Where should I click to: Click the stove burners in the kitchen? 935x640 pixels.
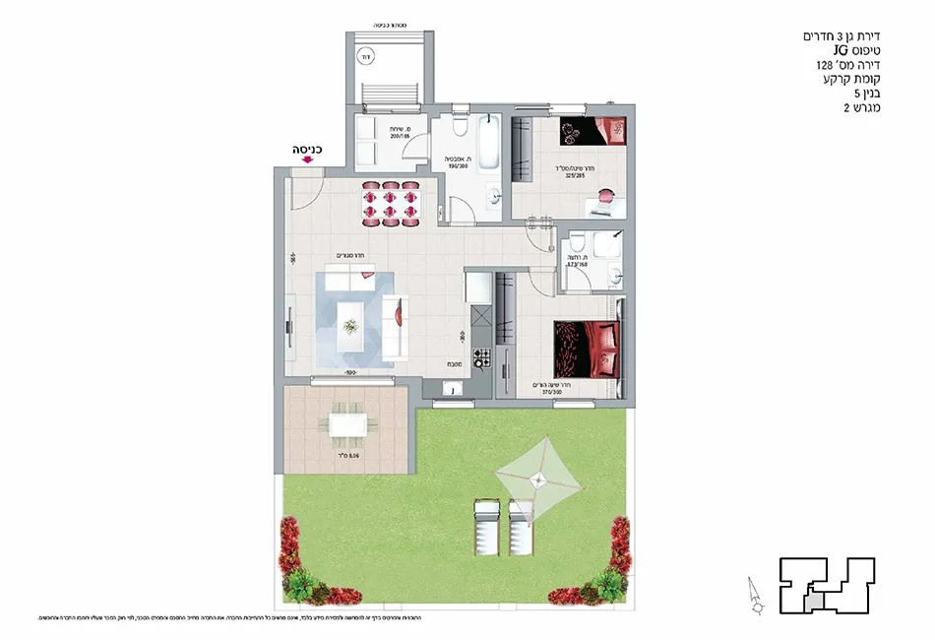[482, 356]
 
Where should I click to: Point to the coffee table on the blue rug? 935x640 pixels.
[350, 319]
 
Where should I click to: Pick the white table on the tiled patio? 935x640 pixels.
[346, 424]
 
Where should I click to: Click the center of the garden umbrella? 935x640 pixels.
[537, 479]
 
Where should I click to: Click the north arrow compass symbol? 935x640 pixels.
[753, 596]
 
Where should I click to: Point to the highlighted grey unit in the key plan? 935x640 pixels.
[815, 598]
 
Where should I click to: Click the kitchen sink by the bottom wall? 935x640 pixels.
[450, 389]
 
